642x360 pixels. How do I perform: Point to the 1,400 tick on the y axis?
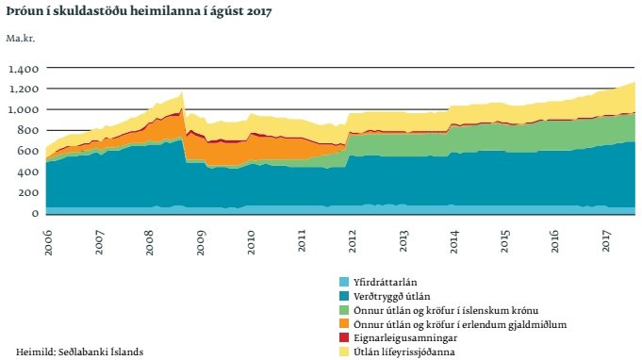23,69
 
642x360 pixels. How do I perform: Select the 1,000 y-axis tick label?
23,110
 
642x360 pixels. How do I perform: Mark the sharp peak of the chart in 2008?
182,93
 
